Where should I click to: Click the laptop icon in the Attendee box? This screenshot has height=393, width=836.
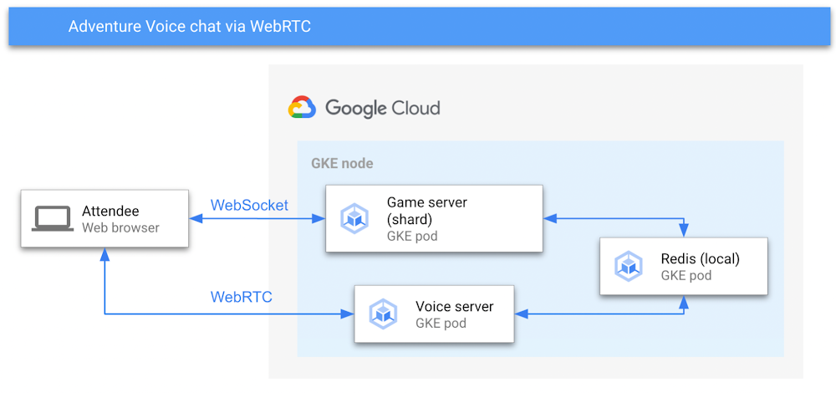tap(52, 219)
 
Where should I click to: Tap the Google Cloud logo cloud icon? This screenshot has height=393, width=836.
tap(302, 108)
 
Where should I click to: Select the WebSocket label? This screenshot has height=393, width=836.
tap(249, 205)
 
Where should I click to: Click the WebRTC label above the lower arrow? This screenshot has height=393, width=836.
tap(241, 297)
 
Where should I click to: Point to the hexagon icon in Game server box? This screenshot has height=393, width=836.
tap(355, 219)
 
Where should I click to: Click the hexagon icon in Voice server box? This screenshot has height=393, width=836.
tap(384, 314)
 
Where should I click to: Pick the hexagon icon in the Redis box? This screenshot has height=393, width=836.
tap(629, 267)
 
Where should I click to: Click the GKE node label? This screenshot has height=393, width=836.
tap(342, 163)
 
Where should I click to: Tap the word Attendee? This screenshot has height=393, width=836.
tap(110, 212)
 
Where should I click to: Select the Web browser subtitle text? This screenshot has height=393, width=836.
tap(120, 227)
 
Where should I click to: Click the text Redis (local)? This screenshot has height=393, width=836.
tap(700, 258)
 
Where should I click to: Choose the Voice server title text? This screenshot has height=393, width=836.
tap(454, 306)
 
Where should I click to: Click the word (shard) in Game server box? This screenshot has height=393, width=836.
tap(410, 219)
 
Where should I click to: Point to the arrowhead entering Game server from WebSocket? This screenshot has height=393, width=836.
tap(319, 219)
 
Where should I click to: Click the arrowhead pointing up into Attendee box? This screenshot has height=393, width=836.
tap(104, 253)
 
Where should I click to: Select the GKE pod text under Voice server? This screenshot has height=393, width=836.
tap(441, 324)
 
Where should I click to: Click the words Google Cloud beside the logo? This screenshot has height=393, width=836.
tap(382, 108)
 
